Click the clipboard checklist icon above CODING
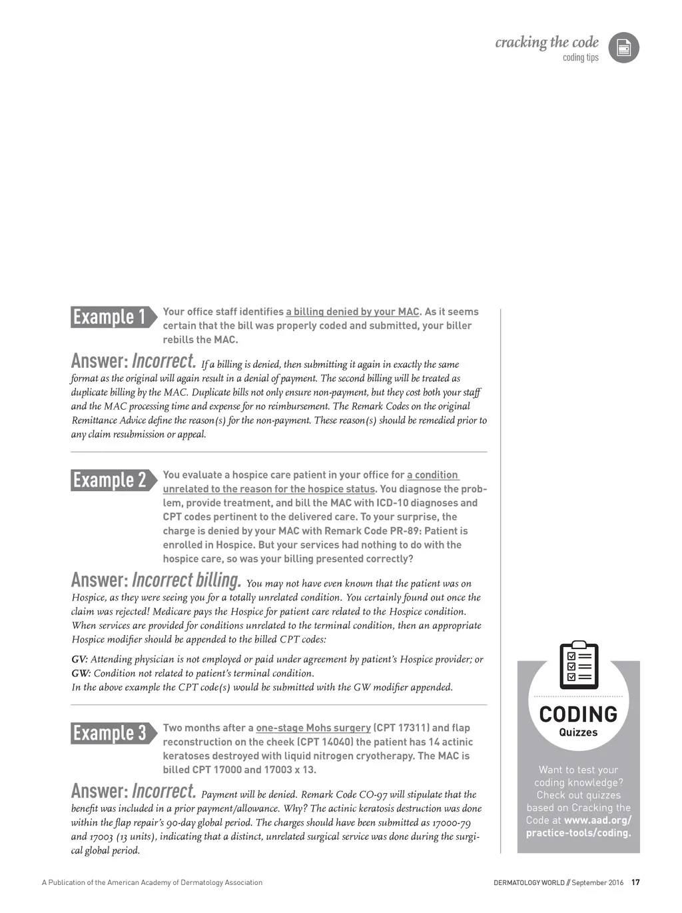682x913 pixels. point(579,665)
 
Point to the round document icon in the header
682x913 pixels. point(624,48)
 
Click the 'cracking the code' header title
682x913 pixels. point(547,43)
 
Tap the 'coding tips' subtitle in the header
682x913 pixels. point(581,58)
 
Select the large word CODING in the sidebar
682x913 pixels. point(578,714)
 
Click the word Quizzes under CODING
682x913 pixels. point(578,732)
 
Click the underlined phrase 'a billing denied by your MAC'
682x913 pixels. point(353,312)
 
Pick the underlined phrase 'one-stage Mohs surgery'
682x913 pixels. point(313,728)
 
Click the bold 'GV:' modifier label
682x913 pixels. point(79,660)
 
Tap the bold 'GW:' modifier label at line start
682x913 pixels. point(81,674)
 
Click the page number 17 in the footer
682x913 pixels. point(635,883)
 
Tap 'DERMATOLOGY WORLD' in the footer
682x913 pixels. point(529,883)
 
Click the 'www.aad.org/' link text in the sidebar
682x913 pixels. point(597,820)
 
